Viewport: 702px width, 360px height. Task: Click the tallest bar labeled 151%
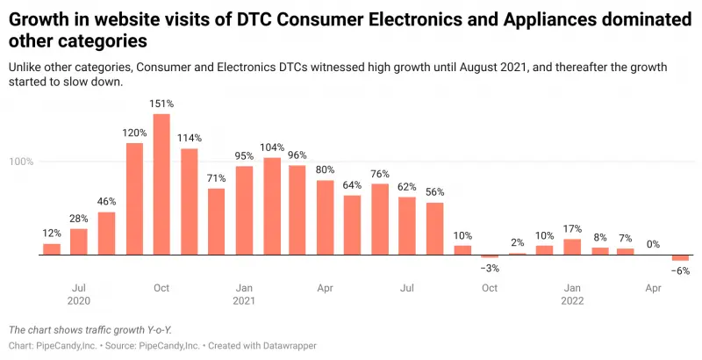161,184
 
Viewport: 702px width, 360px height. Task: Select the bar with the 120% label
134,198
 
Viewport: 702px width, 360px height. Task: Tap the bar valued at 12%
52,249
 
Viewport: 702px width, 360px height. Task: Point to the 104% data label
272,147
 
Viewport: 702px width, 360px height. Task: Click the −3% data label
489,267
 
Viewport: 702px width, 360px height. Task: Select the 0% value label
653,244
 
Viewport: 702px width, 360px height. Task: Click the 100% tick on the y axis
21,162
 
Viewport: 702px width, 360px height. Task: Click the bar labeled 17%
572,247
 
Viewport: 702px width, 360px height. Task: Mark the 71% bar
216,221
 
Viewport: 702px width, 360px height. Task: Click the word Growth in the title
39,17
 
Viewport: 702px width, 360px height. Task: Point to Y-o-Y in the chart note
155,329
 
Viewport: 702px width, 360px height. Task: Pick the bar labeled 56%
434,229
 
